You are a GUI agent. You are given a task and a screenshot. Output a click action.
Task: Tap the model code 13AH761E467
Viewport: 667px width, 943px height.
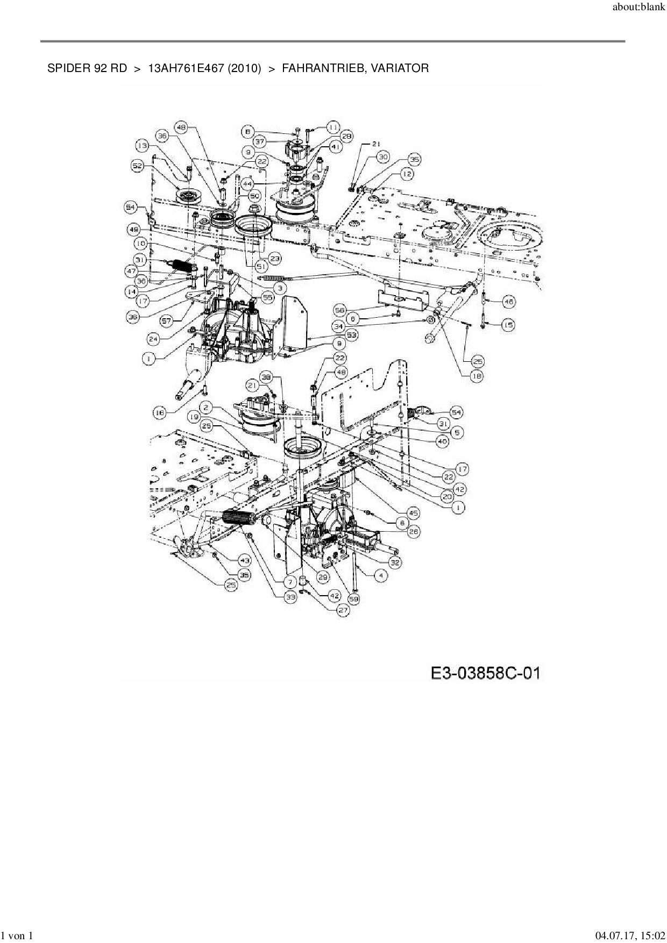point(185,68)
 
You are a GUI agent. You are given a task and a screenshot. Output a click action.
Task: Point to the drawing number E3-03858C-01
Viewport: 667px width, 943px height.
point(485,673)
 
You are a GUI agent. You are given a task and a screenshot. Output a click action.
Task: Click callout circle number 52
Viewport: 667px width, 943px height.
point(138,167)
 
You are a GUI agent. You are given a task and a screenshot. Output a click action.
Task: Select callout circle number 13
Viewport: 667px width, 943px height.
point(142,145)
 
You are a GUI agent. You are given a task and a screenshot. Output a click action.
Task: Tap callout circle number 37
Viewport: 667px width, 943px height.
point(260,142)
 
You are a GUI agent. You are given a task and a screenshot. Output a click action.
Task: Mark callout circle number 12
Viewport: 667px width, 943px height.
point(407,174)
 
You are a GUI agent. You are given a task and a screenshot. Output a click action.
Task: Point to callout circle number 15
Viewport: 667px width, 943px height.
point(508,325)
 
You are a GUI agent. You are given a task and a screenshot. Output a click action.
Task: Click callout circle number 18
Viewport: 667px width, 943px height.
point(477,376)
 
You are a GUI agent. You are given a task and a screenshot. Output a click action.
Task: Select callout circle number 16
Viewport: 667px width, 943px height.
point(159,412)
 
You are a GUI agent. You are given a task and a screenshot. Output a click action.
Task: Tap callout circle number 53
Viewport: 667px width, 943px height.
point(352,335)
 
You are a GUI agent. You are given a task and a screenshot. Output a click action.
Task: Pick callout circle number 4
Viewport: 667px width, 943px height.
point(381,575)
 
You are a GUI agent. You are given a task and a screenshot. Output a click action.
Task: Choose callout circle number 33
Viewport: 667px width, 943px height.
point(290,597)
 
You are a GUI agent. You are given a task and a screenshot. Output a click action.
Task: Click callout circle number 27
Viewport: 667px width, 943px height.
point(343,610)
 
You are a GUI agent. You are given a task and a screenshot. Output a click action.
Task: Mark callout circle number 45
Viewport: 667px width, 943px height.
point(414,513)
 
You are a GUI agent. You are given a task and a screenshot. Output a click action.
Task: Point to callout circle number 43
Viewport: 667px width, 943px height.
point(245,560)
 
